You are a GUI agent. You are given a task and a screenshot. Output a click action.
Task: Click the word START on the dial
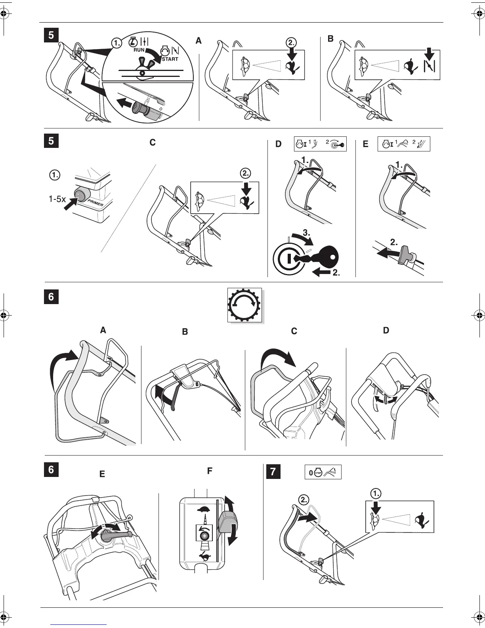tap(170, 59)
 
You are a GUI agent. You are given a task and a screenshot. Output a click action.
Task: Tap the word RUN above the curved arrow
tap(139, 50)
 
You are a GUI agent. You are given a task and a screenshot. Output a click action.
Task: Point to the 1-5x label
tap(57, 199)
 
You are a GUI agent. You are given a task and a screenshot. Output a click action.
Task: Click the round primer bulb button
tap(82, 193)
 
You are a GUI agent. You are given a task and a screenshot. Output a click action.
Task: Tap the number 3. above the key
tap(306, 234)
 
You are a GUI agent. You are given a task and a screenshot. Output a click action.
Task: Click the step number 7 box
tap(273, 472)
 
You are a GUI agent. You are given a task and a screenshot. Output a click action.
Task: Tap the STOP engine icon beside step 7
tap(318, 473)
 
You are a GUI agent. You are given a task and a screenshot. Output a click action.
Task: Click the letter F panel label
tap(210, 471)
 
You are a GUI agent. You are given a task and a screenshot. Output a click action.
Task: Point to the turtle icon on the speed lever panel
tap(205, 509)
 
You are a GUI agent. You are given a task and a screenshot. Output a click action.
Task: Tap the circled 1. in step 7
tap(376, 493)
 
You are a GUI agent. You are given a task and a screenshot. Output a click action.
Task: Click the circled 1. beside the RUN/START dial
tap(116, 43)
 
